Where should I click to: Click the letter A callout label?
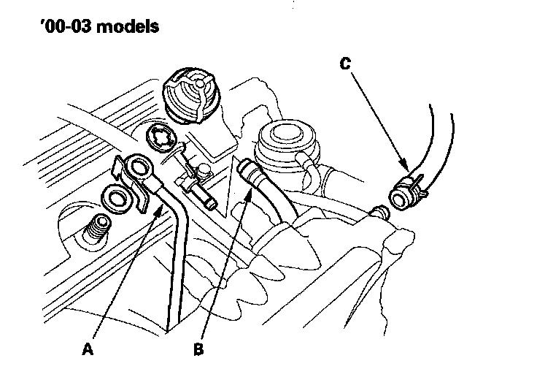[x=88, y=350]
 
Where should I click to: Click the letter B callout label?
[x=198, y=350]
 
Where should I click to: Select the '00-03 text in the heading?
[x=58, y=29]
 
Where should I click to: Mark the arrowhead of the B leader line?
[x=252, y=189]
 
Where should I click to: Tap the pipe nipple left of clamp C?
[x=379, y=213]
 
